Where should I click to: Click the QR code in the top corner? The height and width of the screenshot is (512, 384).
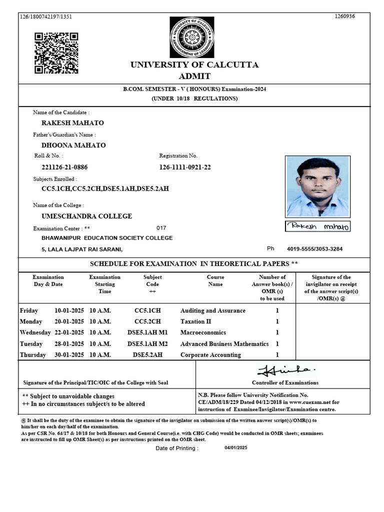click(x=56, y=52)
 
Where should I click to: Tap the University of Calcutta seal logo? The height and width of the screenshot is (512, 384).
click(x=191, y=37)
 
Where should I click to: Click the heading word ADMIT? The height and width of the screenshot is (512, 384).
click(x=194, y=76)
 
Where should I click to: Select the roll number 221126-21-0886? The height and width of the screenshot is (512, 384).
click(x=67, y=167)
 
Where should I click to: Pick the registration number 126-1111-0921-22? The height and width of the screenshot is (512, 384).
click(x=185, y=167)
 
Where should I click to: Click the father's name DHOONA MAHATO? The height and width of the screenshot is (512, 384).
click(x=73, y=145)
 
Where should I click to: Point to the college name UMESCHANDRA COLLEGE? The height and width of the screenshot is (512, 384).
click(x=86, y=216)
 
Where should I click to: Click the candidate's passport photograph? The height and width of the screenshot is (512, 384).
click(x=317, y=186)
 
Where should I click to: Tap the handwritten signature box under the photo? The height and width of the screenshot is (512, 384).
click(x=318, y=226)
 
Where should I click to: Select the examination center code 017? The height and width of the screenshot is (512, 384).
click(x=161, y=227)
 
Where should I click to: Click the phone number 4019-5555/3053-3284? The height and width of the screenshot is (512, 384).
click(x=314, y=249)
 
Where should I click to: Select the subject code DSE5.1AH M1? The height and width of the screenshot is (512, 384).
click(x=147, y=332)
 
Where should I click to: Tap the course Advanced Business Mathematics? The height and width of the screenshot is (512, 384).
click(x=224, y=344)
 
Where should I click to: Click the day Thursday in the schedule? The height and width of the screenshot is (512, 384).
click(x=32, y=355)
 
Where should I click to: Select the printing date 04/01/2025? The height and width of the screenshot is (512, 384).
click(x=236, y=448)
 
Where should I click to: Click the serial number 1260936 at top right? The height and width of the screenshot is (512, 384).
click(x=344, y=16)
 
